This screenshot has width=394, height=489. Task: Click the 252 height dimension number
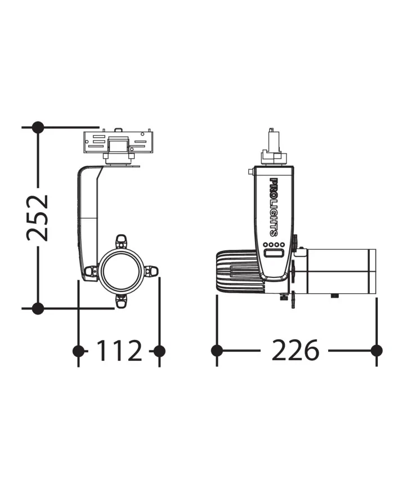tap(38, 218)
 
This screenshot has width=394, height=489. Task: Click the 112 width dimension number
tap(119, 351)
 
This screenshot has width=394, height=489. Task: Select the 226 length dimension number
tap(295, 350)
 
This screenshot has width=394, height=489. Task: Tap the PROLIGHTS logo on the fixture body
tap(274, 207)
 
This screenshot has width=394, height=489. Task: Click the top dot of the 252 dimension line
tap(38, 127)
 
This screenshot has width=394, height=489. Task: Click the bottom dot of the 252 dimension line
tap(38, 308)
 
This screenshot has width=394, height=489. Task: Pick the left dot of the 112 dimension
tap(78, 351)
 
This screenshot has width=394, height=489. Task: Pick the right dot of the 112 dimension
tap(159, 351)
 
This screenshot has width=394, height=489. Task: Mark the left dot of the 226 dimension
tap(217, 351)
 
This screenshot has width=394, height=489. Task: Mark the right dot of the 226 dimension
tap(377, 351)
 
